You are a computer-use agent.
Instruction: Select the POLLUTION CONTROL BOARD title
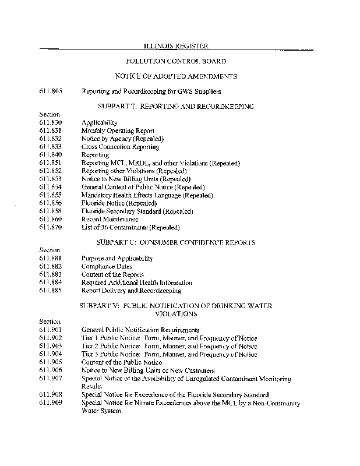click(x=176, y=61)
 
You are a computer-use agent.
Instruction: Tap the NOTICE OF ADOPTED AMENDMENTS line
click(x=176, y=76)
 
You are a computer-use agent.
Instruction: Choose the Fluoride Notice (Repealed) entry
click(x=115, y=203)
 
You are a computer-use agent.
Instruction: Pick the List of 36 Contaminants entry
click(x=130, y=227)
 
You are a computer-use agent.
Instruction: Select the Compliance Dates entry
click(x=107, y=266)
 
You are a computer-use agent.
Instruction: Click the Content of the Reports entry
click(x=112, y=274)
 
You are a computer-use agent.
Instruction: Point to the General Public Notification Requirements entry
click(x=140, y=330)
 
